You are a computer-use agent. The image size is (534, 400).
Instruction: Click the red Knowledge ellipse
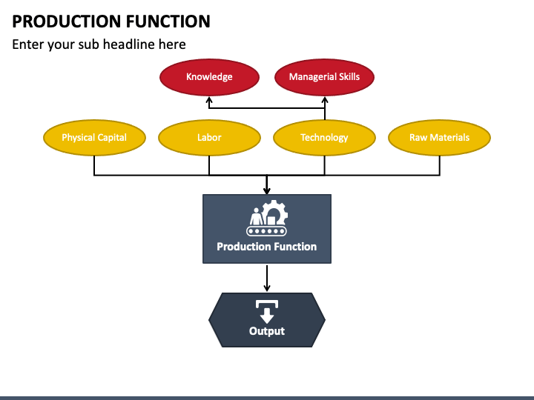pos(209,77)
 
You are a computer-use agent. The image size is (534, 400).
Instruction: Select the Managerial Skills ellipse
pos(325,77)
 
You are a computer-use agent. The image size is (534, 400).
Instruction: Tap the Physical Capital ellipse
pos(94,138)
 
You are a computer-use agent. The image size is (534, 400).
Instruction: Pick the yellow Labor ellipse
pos(209,138)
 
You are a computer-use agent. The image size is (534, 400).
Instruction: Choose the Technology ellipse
pos(325,138)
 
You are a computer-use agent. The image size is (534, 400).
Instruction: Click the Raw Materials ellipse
pos(439,138)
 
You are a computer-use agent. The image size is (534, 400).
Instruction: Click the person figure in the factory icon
pos(256,216)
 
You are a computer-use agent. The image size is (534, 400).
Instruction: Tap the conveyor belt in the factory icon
pos(267,231)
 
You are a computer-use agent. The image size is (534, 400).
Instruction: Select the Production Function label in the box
pos(267,247)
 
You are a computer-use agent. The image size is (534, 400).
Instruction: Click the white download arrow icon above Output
pos(267,312)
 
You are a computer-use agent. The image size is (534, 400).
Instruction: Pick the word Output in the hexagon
pos(267,331)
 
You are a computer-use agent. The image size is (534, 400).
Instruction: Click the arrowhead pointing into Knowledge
pos(209,100)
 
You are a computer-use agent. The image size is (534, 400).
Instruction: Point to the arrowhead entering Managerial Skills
pos(325,100)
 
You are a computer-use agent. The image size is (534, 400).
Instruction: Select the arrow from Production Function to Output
pos(267,279)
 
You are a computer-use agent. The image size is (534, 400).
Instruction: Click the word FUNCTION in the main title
pos(168,21)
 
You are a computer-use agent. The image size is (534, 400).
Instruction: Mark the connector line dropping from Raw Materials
pos(440,166)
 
